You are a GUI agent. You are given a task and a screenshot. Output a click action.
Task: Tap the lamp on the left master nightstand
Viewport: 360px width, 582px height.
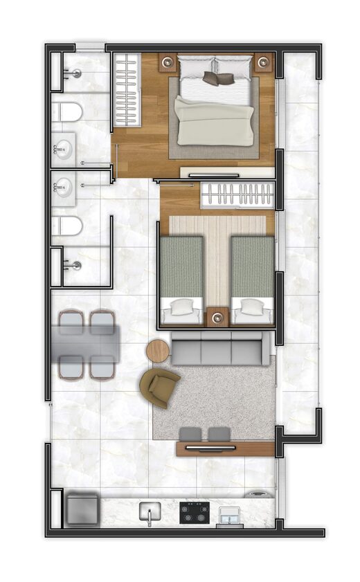pos(167,63)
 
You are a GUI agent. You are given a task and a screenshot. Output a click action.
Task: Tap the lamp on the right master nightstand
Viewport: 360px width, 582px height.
pos(263,63)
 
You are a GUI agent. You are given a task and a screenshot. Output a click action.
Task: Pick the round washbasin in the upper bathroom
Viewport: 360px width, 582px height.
pos(63,149)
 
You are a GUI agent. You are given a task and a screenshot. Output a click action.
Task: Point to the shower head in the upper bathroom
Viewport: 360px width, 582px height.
pos(77,73)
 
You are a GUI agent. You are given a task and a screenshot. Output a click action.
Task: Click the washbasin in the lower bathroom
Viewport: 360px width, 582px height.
pos(63,186)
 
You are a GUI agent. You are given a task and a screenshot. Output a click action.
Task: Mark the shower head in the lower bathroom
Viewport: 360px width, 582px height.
pos(77,265)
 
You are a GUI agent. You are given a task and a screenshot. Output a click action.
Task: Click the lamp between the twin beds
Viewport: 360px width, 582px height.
pos(217,318)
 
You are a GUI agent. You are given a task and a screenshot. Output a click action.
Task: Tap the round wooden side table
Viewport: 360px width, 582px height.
pos(158,351)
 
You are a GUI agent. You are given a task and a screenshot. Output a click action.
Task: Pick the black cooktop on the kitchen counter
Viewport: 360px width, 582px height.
pos(194,513)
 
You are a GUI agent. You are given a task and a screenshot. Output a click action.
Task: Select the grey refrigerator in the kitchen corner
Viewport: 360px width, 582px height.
pos(82,507)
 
